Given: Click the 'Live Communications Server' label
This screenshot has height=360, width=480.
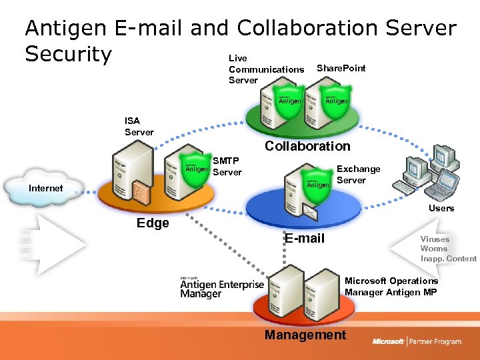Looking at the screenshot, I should coord(266,69).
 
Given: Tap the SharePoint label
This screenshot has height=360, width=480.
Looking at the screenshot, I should coord(341,68).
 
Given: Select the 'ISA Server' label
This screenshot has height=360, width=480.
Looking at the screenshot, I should coord(139,126).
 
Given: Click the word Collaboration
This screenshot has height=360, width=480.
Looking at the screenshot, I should coord(307,146).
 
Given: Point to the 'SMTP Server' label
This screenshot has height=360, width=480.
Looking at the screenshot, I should coord(226,166).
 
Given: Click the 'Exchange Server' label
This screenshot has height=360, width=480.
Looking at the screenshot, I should coord(358,175).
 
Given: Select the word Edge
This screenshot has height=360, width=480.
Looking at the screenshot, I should coord(153,223).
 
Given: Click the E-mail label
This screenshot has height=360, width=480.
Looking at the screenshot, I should coord(305,238).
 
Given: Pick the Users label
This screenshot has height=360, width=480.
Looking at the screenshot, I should coord(441,208).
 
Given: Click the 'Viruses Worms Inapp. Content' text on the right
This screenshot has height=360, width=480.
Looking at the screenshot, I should coord(447,249).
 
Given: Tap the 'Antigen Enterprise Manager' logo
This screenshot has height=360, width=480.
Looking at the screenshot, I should coord(221,287).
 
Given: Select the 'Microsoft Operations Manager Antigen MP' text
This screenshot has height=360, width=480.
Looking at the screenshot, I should coord(391,286).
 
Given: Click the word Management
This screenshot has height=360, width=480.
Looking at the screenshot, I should coord(305,335).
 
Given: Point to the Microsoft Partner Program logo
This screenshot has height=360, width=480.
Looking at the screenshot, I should coord(417,341).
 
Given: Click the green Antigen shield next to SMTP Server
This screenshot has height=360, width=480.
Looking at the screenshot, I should coord(196,167).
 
